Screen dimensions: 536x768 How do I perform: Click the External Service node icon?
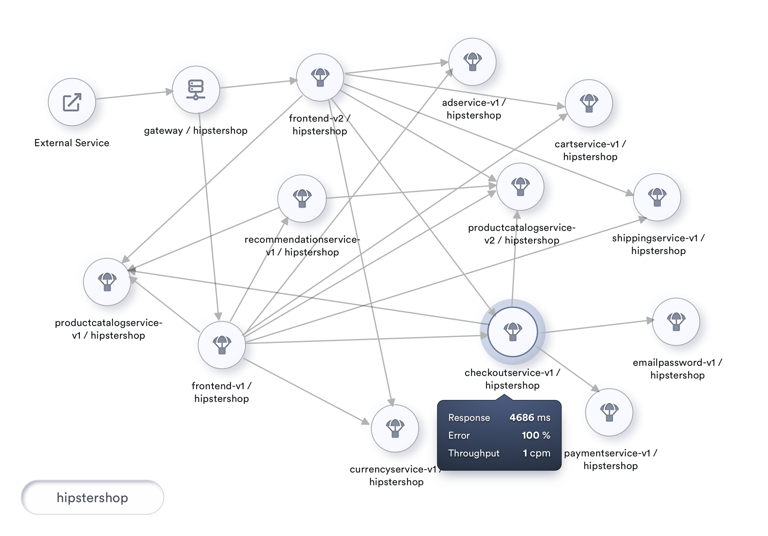click(72, 102)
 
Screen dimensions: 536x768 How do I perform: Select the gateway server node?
click(196, 90)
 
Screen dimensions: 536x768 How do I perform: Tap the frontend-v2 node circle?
click(320, 77)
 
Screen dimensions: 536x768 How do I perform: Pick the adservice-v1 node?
click(472, 62)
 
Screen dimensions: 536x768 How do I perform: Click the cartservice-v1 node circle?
click(589, 103)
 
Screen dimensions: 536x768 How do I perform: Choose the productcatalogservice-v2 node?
click(520, 186)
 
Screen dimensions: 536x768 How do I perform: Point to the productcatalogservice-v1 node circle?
click(107, 282)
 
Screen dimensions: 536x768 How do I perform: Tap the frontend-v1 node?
click(222, 345)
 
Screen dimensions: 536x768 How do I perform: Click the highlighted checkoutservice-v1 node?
click(513, 332)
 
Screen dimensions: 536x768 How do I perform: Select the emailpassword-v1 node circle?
click(676, 321)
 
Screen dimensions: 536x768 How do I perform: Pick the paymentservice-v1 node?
click(609, 412)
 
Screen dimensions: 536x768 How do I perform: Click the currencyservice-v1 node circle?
click(395, 428)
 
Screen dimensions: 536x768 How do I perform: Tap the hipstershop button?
click(92, 498)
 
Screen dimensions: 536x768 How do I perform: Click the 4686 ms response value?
click(529, 417)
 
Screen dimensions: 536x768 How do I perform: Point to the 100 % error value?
click(536, 435)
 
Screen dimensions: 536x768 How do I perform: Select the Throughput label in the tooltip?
click(474, 453)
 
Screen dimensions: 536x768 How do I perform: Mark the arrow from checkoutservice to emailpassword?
click(602, 326)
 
